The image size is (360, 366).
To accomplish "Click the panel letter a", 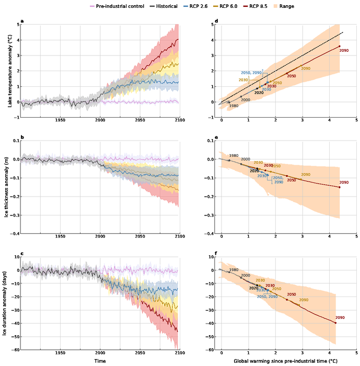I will tap(22, 21).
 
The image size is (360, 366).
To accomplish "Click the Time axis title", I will tap(100, 361).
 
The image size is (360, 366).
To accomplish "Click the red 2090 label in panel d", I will tap(343, 51).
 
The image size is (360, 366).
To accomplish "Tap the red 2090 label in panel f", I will tap(340, 318).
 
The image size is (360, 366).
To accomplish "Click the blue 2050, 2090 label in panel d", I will tap(251, 73).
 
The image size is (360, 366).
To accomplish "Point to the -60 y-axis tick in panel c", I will tap(14, 350).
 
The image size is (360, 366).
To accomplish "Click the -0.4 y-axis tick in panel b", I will tap(13, 234).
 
